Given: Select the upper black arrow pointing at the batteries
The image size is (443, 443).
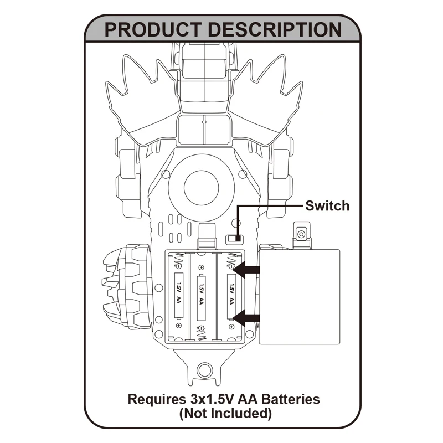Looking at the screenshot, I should [x=247, y=270].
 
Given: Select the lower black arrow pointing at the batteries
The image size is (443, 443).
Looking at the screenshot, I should [x=247, y=318].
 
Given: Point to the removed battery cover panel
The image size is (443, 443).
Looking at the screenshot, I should [x=300, y=296].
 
